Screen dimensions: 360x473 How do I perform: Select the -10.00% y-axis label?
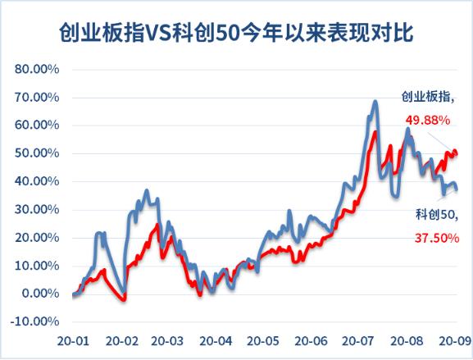click(x=35, y=321)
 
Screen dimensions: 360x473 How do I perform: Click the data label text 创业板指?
click(x=428, y=97)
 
